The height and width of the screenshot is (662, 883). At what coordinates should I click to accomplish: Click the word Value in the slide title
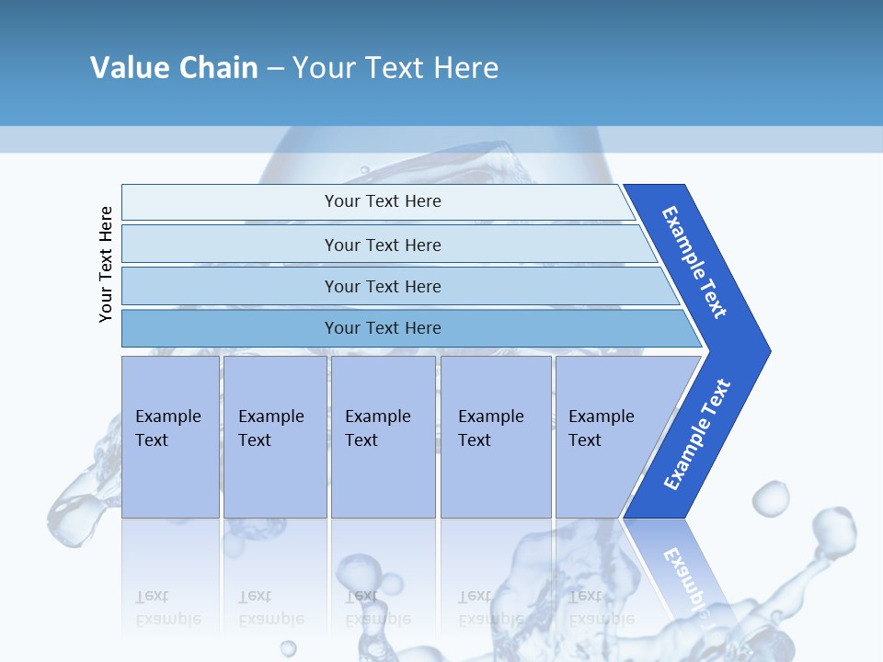pos(128,67)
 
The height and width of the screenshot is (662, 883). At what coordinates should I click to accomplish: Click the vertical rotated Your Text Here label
pos(106,264)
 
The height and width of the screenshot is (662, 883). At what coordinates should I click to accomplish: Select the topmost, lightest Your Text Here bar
pos(383,201)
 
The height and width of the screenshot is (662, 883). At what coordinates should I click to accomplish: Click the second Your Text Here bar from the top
pos(383,245)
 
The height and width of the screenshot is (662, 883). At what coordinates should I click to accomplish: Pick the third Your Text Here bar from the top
pos(383,286)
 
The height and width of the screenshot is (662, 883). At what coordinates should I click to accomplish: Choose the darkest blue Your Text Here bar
pos(383,328)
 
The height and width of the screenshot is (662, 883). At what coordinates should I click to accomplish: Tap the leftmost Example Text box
pos(170,437)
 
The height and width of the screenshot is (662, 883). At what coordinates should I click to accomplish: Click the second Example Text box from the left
pos(274,437)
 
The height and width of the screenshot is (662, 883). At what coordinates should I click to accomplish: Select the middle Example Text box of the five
pos(383,437)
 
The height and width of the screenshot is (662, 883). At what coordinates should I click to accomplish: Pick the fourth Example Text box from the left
pos(496,437)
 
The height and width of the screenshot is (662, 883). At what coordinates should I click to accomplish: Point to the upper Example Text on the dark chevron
pos(694,262)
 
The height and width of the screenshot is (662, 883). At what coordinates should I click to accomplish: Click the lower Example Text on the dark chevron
pos(696,435)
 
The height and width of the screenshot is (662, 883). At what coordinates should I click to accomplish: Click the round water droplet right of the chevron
pos(770,499)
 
